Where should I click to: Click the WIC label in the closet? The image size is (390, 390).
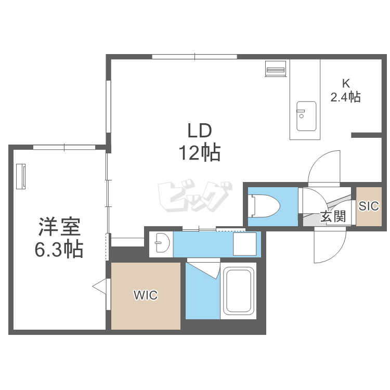(x=145, y=295)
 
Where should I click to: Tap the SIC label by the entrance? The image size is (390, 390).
(x=369, y=206)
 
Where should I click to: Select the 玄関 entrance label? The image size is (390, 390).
(x=333, y=216)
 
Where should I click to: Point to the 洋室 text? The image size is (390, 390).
(x=59, y=228)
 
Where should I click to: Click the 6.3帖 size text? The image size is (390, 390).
(x=59, y=251)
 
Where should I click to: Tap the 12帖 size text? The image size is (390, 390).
(x=199, y=153)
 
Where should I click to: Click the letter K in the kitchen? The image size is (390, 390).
(x=346, y=83)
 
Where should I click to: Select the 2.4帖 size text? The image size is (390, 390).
(x=346, y=97)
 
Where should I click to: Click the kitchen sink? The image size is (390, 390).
(x=306, y=116)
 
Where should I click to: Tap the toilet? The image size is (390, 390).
(x=264, y=205)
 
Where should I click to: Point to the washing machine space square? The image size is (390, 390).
(x=244, y=243)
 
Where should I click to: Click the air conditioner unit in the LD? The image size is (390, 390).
(x=275, y=69)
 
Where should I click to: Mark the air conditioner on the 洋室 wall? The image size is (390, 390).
(x=22, y=177)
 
